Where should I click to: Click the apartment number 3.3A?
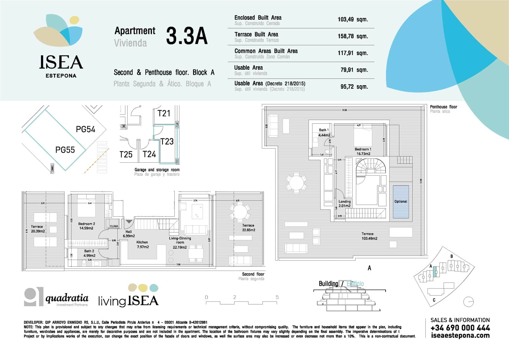(x=187, y=36)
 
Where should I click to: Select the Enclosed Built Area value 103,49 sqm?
(x=352, y=19)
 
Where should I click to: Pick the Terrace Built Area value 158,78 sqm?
(x=352, y=36)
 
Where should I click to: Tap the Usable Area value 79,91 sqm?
(x=354, y=70)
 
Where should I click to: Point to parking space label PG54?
(x=85, y=129)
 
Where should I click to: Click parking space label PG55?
(x=65, y=150)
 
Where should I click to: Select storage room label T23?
(x=167, y=141)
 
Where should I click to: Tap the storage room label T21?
(x=164, y=113)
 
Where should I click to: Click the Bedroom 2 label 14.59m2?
(x=86, y=226)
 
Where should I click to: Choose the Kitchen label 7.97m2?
(x=142, y=244)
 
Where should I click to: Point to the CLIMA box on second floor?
(x=114, y=226)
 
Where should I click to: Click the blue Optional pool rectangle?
(x=401, y=201)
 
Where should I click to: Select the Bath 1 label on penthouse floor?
(x=324, y=132)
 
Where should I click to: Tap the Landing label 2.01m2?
(x=345, y=203)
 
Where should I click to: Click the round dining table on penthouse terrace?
(x=296, y=183)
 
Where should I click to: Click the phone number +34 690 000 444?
(x=460, y=328)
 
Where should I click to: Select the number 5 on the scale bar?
(x=277, y=297)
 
